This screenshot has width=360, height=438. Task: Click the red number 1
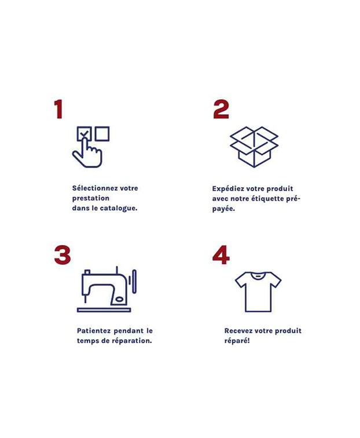tap(58, 109)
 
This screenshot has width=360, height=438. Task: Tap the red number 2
tap(221, 109)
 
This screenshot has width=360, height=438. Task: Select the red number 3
tap(63, 255)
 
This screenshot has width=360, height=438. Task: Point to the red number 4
tap(221, 255)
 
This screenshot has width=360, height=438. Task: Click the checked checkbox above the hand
tap(84, 133)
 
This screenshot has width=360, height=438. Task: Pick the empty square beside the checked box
tap(102, 133)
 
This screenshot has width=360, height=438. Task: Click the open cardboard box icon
tap(254, 147)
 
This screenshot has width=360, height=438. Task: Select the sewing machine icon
tap(106, 290)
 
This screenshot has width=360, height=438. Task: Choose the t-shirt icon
tap(258, 291)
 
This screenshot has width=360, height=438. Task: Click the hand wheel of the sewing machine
tap(134, 282)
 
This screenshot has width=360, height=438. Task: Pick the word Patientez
tap(94, 331)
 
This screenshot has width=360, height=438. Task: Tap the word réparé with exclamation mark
tap(237, 341)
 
